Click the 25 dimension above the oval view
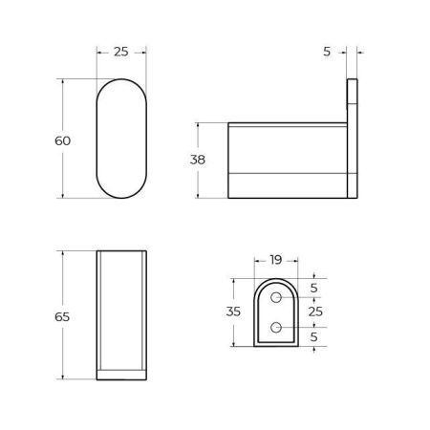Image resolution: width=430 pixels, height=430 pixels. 120,52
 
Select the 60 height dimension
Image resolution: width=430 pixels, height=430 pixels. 62,140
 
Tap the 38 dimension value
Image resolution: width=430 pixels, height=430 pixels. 198,160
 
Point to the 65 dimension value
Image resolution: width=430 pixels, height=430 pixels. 62,316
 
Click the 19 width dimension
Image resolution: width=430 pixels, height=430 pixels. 275,260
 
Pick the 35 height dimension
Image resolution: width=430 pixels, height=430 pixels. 232,312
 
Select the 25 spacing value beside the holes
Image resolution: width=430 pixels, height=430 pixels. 317,312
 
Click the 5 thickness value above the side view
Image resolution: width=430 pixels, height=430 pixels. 327,52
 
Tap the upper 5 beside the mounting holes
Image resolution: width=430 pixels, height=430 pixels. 313,288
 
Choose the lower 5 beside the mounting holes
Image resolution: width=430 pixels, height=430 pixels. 313,336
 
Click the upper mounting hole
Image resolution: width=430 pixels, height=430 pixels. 276,299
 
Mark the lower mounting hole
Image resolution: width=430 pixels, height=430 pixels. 276,328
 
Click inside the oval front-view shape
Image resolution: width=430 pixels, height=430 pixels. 120,139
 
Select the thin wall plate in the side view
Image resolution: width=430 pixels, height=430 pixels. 352,140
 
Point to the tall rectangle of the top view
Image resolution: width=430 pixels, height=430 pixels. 120,311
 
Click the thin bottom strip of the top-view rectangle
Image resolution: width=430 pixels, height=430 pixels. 120,374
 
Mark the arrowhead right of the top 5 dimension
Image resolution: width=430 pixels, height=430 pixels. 361,52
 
